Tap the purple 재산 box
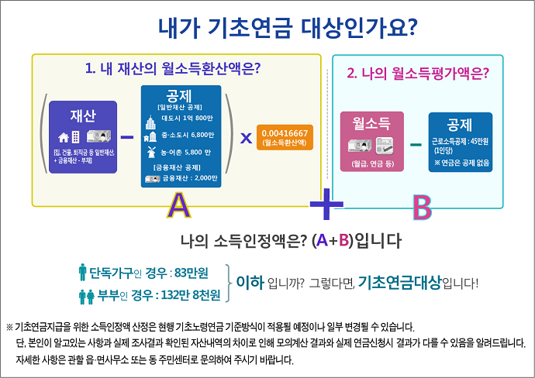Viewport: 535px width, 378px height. point(83,134)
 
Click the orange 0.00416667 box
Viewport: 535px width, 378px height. point(285,137)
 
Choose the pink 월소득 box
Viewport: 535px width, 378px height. point(369,142)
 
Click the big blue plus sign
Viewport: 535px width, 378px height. point(326,204)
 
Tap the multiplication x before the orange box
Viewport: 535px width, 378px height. point(246,137)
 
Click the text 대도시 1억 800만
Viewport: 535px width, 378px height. point(186,118)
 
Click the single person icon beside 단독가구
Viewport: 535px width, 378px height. point(82,272)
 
